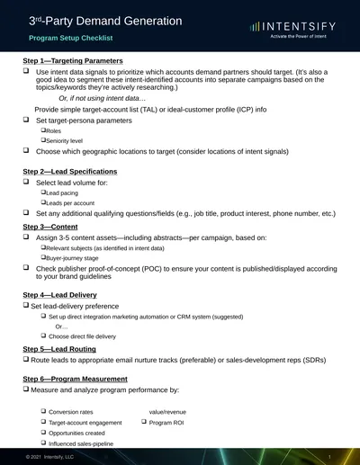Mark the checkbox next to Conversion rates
pos(43,411)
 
